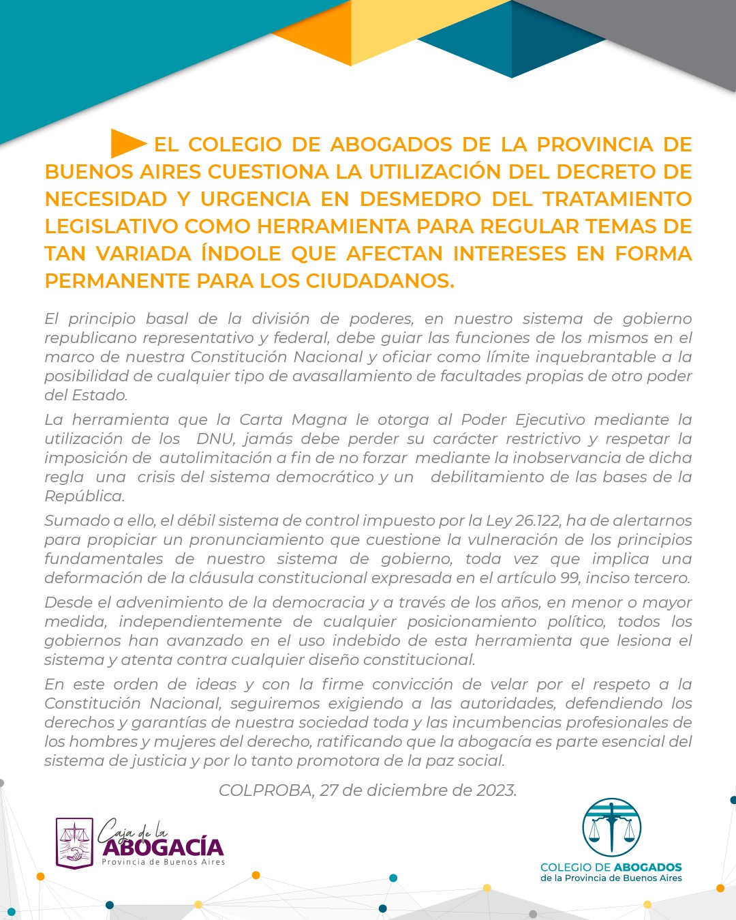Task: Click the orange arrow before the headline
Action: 128,143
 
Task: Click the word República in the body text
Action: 85,496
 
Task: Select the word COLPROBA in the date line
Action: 266,790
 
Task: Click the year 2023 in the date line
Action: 496,790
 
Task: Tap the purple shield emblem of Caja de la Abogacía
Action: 74,844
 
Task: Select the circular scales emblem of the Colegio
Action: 611,827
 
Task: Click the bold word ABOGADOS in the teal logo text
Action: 647,867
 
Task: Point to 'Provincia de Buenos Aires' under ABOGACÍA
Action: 164,862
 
